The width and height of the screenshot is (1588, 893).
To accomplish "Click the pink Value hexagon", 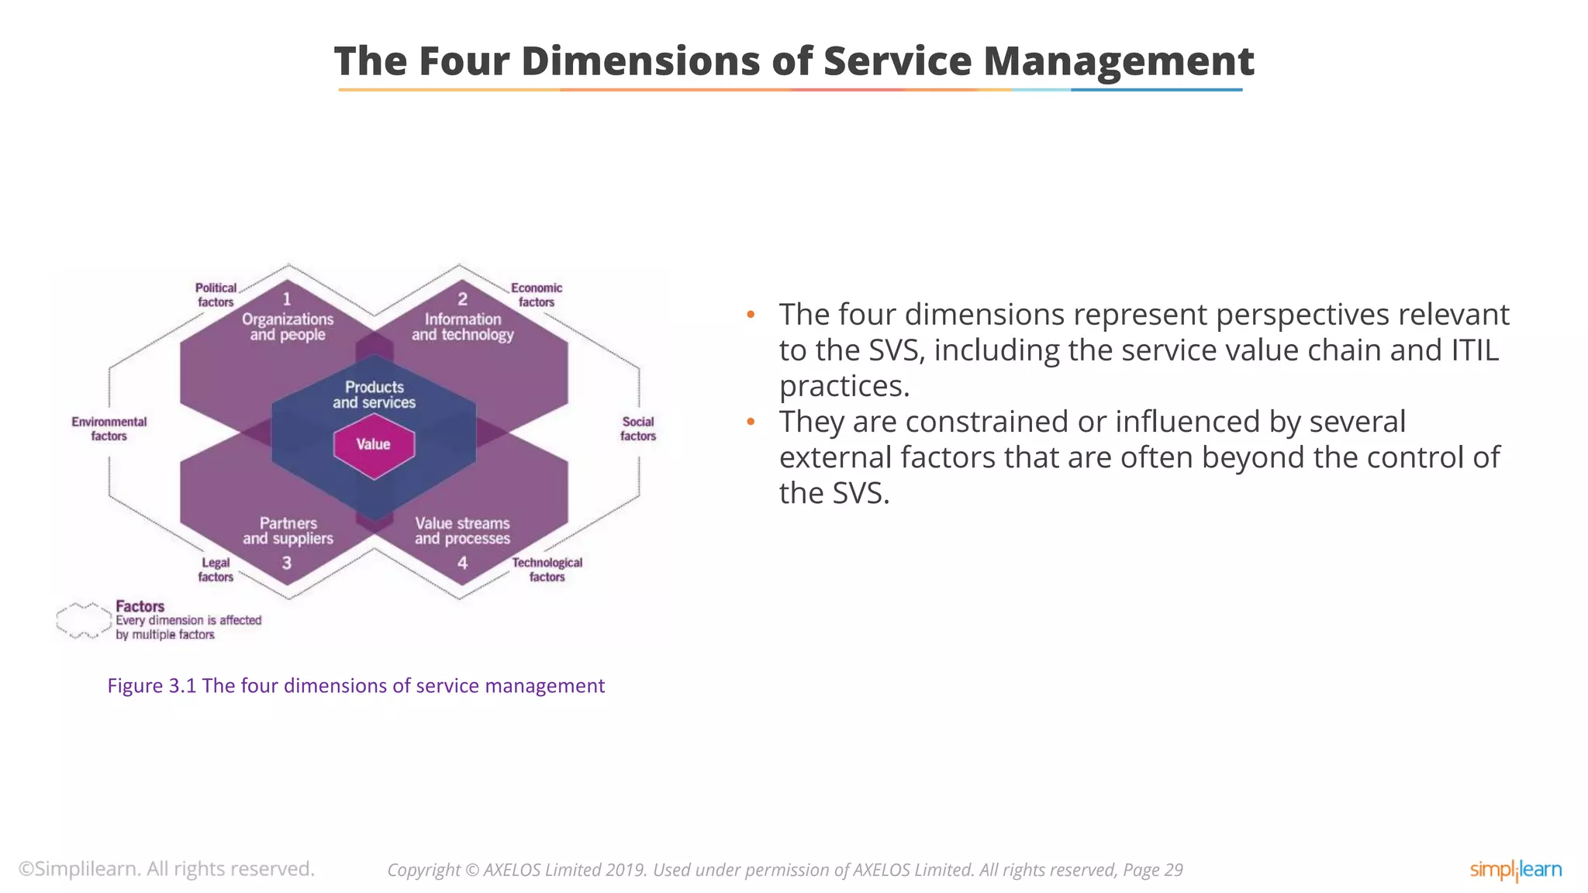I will (x=374, y=445).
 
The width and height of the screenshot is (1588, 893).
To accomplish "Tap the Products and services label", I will (x=374, y=395).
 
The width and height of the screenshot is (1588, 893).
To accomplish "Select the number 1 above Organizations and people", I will (x=287, y=299).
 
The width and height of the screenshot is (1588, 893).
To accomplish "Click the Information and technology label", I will (x=463, y=327).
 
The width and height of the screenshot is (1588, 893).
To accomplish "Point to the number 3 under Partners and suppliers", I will (x=287, y=563).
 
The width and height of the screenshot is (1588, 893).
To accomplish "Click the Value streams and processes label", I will (x=463, y=531).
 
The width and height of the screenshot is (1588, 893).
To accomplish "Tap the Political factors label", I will (x=216, y=295).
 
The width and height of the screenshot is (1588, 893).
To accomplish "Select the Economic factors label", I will (x=537, y=295).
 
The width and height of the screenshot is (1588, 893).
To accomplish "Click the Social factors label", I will (x=638, y=429).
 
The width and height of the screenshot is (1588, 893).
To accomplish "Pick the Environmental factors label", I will (x=109, y=429).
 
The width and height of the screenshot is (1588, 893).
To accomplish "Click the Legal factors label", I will (x=216, y=570).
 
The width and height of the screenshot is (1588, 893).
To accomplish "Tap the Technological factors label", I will (x=547, y=570).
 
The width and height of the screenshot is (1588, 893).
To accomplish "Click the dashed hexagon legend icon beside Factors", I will (x=84, y=620).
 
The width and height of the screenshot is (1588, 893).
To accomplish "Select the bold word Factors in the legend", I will (x=140, y=606).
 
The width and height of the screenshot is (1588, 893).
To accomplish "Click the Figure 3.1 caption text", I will (x=356, y=686).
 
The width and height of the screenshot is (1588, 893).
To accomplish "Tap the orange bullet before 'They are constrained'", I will (x=751, y=422).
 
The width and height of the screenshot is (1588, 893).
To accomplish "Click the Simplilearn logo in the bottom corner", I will (x=1515, y=870).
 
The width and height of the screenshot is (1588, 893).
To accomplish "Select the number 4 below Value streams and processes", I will (x=463, y=563).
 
